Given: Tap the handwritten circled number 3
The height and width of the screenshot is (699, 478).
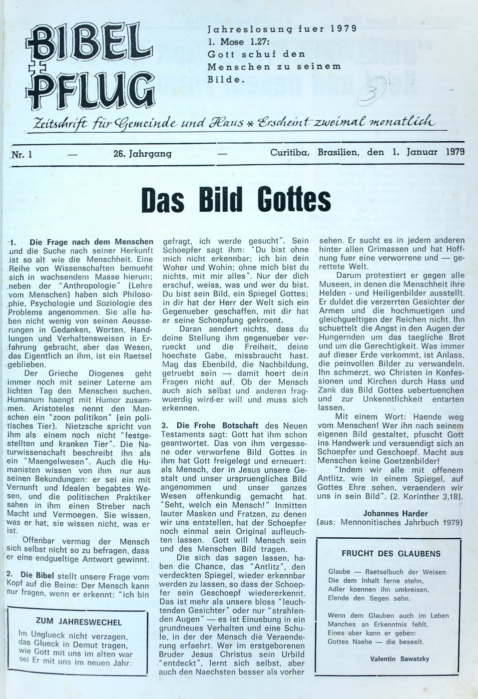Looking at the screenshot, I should pyautogui.click(x=371, y=91).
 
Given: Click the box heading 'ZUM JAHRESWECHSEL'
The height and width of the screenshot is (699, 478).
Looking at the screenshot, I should pyautogui.click(x=78, y=622).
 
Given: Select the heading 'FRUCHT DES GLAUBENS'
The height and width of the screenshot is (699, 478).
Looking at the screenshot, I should pyautogui.click(x=391, y=553).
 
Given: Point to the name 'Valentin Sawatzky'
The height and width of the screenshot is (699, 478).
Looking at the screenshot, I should pyautogui.click(x=400, y=659).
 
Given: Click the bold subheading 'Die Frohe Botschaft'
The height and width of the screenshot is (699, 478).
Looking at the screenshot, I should pyautogui.click(x=217, y=426).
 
